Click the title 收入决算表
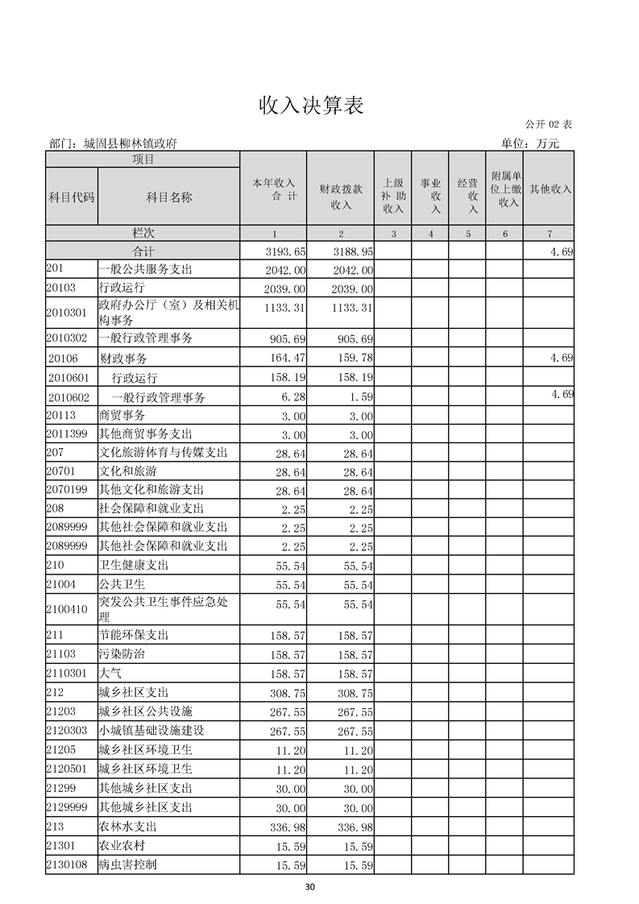(311, 106)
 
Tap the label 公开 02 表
(548, 124)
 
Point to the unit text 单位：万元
(529, 143)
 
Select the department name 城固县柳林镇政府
(113, 143)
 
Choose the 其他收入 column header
(550, 189)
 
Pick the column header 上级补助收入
(393, 196)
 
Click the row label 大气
(110, 673)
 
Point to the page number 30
(310, 887)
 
